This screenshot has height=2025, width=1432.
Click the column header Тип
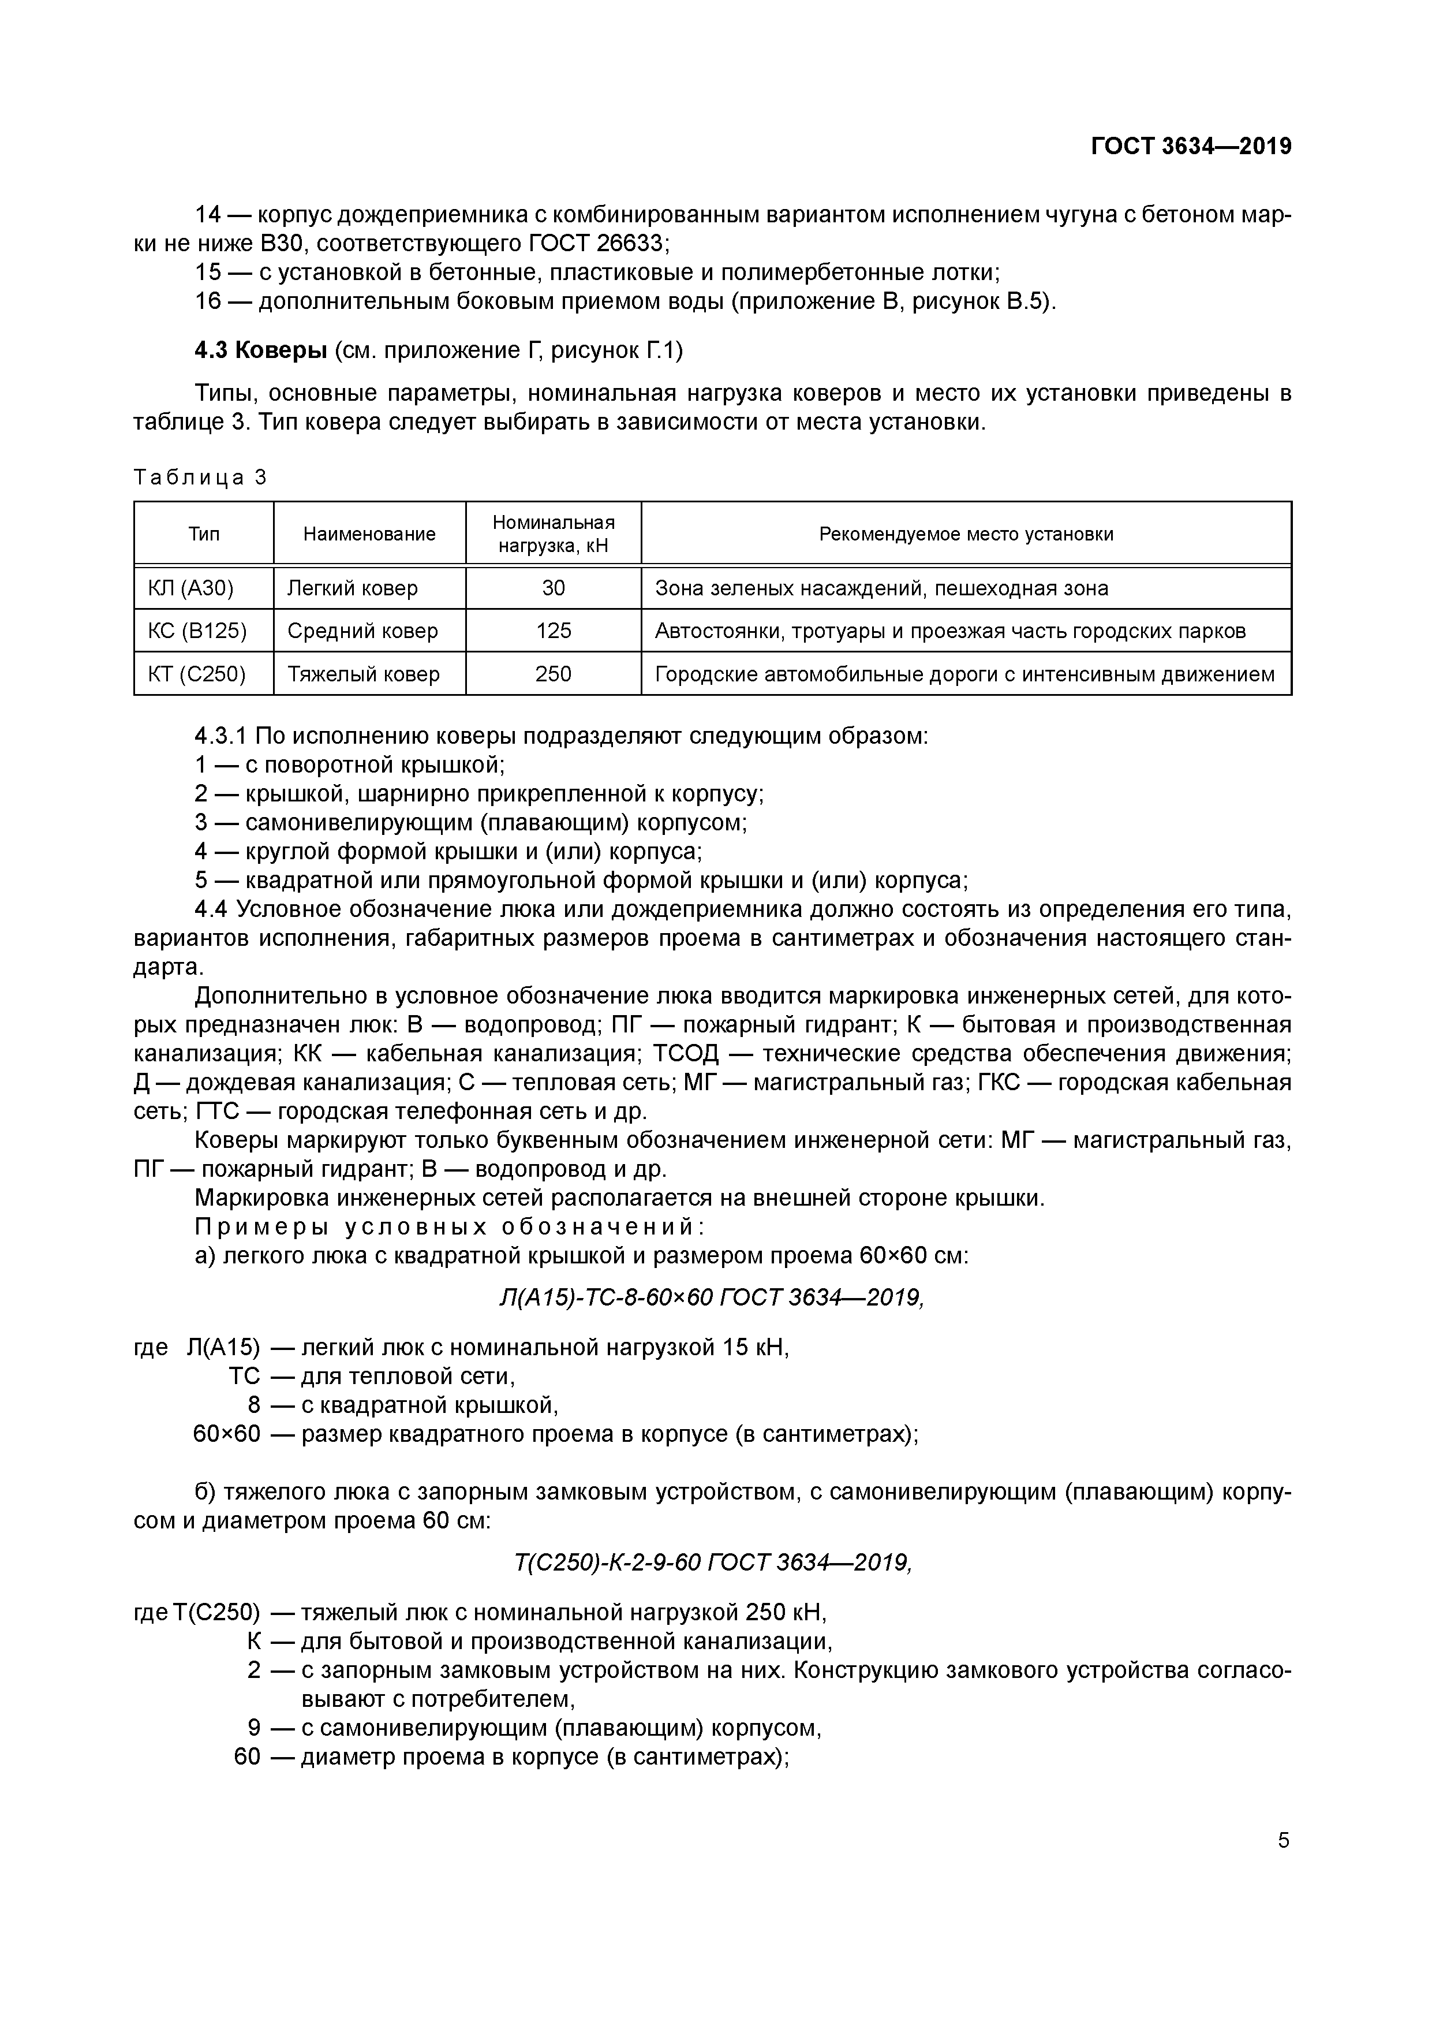[204, 534]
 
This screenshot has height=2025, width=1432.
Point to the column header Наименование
[369, 534]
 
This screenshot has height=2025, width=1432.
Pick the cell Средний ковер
[362, 631]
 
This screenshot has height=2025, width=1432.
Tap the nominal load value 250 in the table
[553, 674]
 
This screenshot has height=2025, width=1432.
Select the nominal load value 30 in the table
[553, 588]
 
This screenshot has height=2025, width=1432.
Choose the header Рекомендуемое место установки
[966, 534]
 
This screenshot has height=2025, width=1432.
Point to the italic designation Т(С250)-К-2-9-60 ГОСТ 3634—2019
[712, 1562]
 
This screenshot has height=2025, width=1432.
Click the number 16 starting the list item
[208, 301]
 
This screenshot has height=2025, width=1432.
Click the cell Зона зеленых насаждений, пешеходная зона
[882, 588]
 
